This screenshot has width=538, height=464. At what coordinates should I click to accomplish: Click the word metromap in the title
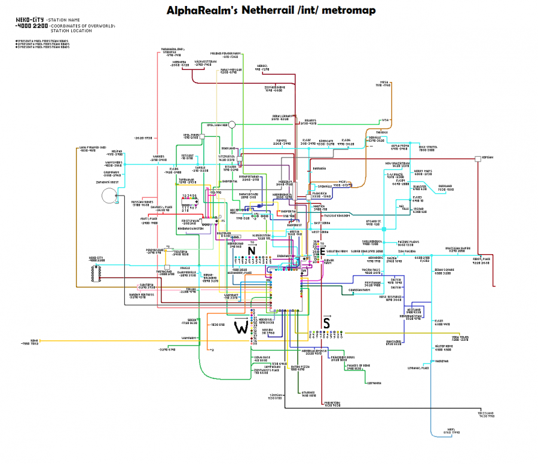[346, 11]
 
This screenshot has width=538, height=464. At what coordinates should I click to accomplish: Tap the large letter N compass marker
[252, 251]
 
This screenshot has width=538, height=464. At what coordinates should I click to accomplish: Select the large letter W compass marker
[242, 327]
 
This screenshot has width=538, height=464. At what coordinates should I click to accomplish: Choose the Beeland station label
[445, 186]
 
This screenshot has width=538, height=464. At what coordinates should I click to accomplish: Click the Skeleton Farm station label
[337, 251]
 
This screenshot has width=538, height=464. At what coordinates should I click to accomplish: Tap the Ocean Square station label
[444, 270]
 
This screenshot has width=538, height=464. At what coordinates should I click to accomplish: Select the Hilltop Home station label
[443, 346]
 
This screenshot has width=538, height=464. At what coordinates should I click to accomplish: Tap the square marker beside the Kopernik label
[477, 158]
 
